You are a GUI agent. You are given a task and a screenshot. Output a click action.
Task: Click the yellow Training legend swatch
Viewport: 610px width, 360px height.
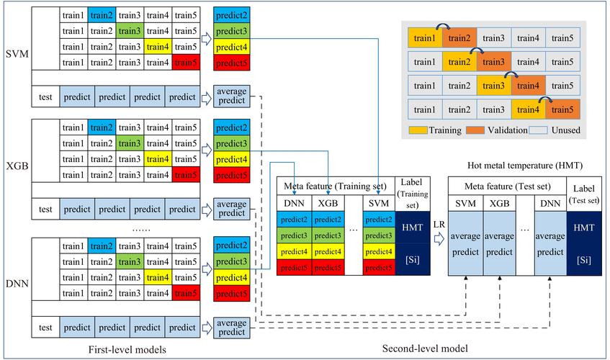418,130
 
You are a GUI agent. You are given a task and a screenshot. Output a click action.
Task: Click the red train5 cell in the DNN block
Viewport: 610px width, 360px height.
185,292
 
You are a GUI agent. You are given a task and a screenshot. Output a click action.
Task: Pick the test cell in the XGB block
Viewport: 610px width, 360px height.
45,210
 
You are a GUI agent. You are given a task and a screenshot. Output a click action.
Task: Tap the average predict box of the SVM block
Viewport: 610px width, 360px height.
231,96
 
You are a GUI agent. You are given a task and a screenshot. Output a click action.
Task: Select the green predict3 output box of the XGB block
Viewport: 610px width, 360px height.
231,144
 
